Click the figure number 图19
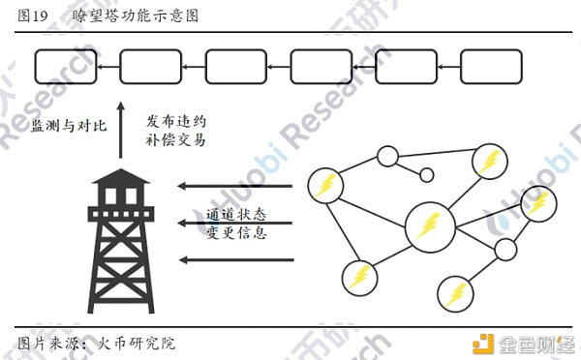click(33, 15)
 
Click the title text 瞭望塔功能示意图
click(136, 15)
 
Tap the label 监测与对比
click(69, 126)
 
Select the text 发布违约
click(175, 122)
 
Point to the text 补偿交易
click(175, 140)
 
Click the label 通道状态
click(236, 215)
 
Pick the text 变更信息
click(236, 232)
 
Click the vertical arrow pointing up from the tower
click(120, 131)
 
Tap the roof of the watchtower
click(121, 176)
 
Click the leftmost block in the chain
click(66, 67)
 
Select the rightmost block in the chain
click(491, 67)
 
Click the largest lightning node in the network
click(430, 227)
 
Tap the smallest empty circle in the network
click(426, 175)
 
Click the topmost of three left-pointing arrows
click(235, 186)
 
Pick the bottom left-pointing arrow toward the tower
click(236, 260)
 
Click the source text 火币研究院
click(137, 344)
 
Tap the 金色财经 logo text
click(535, 345)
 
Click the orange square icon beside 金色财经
click(483, 345)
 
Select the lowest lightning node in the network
click(455, 294)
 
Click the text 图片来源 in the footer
click(48, 344)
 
